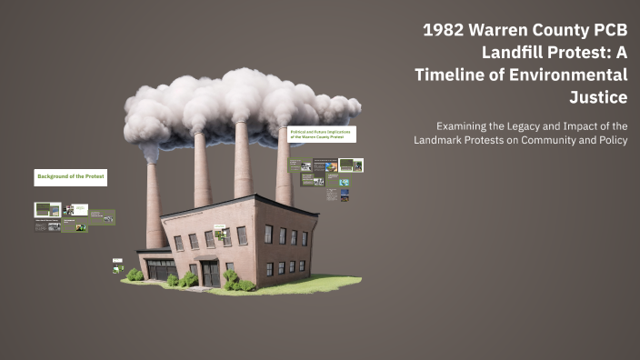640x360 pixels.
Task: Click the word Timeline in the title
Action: tap(452, 75)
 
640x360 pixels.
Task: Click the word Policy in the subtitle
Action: tap(610, 140)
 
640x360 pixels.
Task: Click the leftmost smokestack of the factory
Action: tap(154, 205)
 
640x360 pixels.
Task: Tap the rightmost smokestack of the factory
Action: tap(285, 168)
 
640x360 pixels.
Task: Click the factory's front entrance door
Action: tap(210, 273)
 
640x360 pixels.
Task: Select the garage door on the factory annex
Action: tap(161, 270)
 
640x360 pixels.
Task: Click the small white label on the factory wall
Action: tap(220, 226)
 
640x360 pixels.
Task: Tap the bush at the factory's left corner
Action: tap(135, 274)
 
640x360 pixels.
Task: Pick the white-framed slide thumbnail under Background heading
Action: tap(47, 210)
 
